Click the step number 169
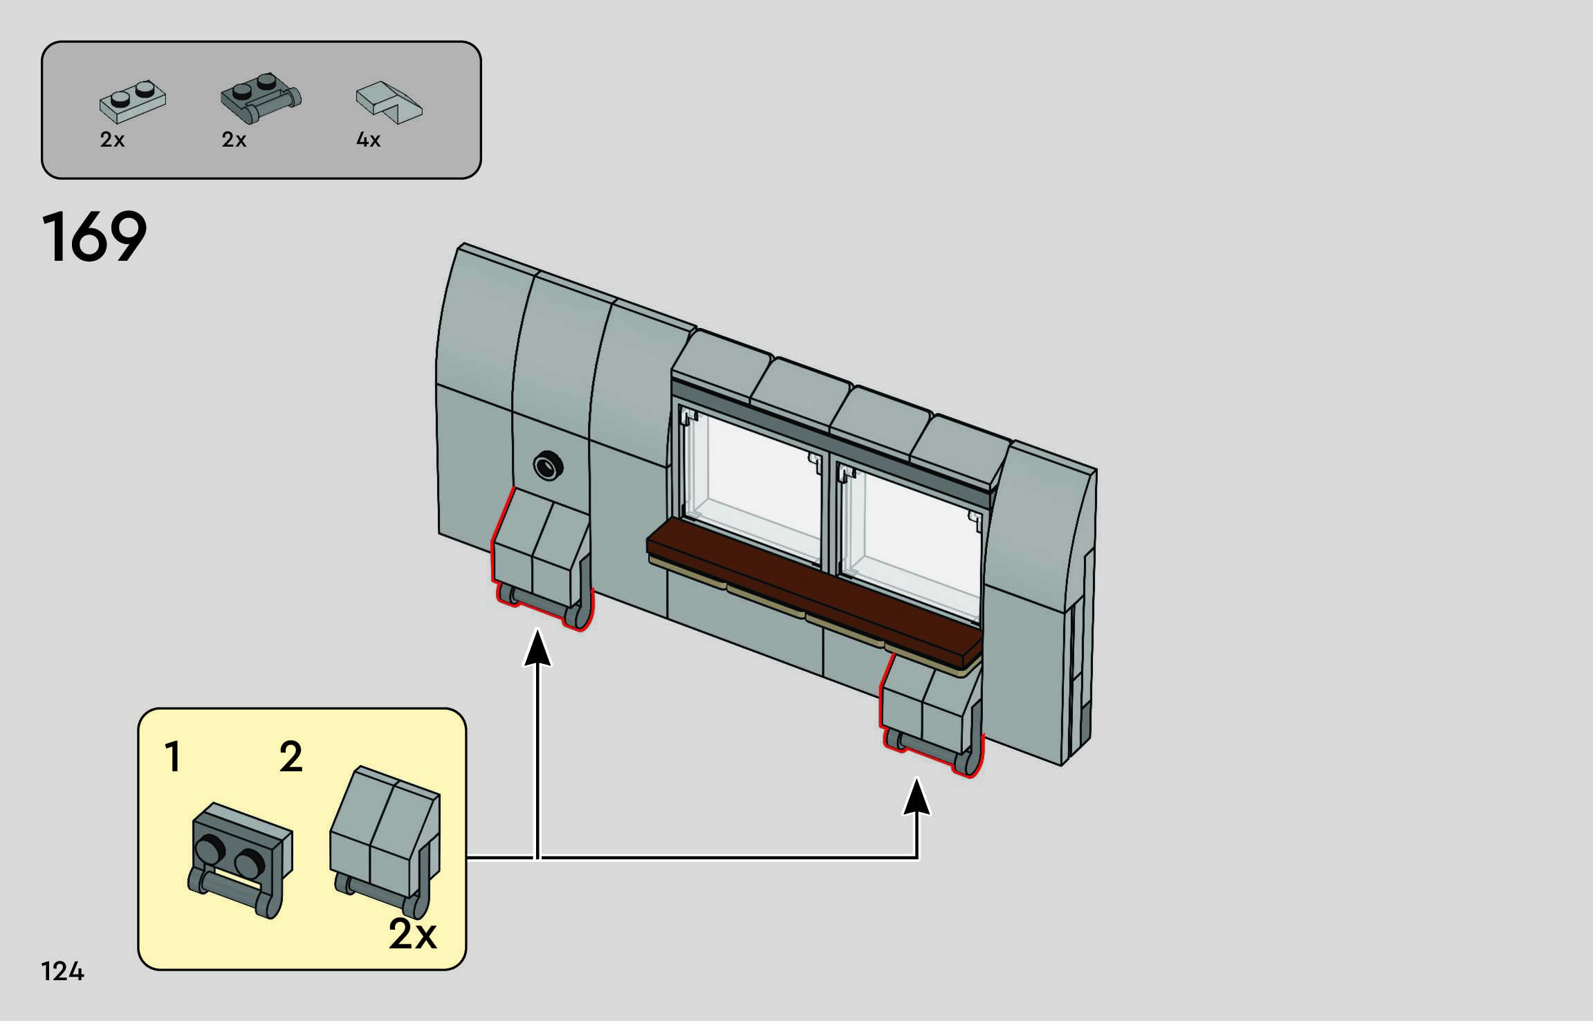click(95, 237)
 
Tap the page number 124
click(62, 971)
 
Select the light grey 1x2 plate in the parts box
click(132, 101)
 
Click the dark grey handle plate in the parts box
click(261, 98)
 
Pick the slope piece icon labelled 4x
click(388, 102)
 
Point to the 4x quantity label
click(368, 140)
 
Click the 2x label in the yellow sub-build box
click(412, 935)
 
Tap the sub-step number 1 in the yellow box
click(173, 756)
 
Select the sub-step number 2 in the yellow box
click(291, 756)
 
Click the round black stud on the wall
click(548, 466)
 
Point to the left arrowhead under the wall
click(537, 647)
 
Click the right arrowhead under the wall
click(917, 798)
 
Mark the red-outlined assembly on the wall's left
click(542, 560)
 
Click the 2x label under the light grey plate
click(112, 140)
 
